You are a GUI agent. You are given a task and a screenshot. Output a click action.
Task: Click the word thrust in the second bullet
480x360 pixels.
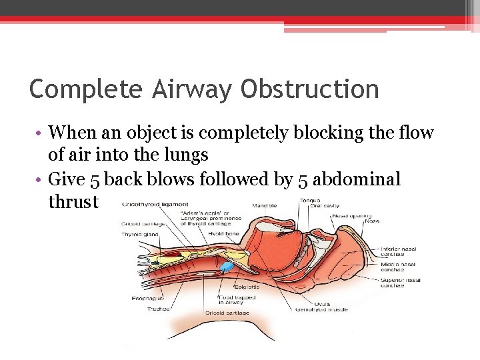pyautogui.click(x=73, y=201)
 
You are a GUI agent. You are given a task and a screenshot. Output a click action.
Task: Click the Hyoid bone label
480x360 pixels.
pyautogui.click(x=224, y=234)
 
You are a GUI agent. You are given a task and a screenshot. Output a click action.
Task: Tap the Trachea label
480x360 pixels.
pyautogui.click(x=159, y=309)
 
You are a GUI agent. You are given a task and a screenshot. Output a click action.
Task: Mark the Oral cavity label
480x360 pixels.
pyautogui.click(x=325, y=206)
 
